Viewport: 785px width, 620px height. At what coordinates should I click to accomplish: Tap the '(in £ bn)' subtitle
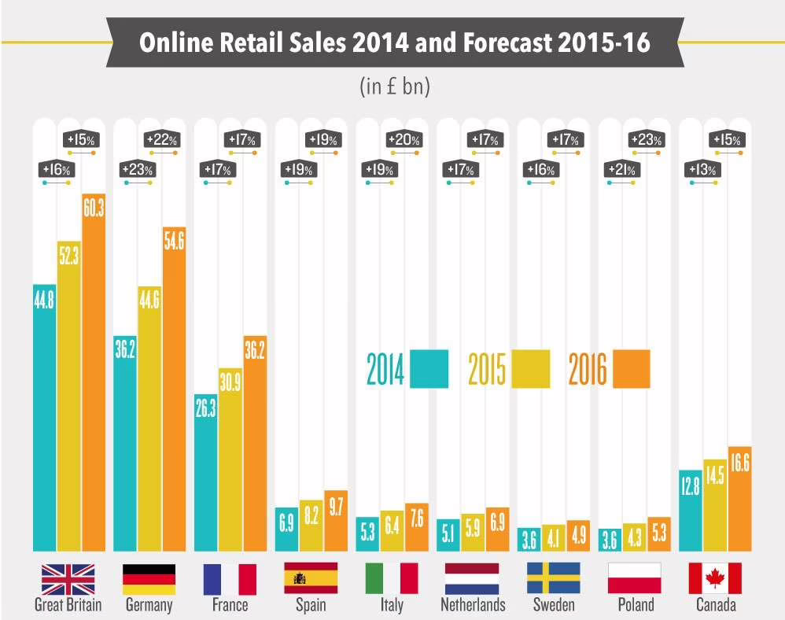[x=394, y=86]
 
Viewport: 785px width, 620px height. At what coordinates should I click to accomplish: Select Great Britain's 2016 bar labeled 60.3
[x=94, y=370]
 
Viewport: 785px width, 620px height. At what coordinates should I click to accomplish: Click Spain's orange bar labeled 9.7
[x=336, y=520]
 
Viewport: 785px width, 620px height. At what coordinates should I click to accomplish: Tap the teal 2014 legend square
[x=429, y=369]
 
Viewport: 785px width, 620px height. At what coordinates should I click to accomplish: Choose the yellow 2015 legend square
[x=531, y=369]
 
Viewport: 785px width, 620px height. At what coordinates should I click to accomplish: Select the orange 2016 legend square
[x=631, y=369]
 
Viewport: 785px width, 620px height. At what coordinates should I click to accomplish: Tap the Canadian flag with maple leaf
[x=715, y=578]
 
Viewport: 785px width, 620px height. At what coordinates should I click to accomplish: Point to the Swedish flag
[x=553, y=578]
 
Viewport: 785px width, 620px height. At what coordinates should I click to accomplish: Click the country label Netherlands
[x=472, y=605]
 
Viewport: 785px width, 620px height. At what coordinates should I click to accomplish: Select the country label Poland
[x=634, y=605]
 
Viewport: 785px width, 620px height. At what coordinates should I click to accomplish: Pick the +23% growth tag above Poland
[x=648, y=140]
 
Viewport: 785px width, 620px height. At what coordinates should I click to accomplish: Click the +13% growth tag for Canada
[x=701, y=169]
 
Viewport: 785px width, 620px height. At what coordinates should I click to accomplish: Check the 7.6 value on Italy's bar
[x=417, y=519]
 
